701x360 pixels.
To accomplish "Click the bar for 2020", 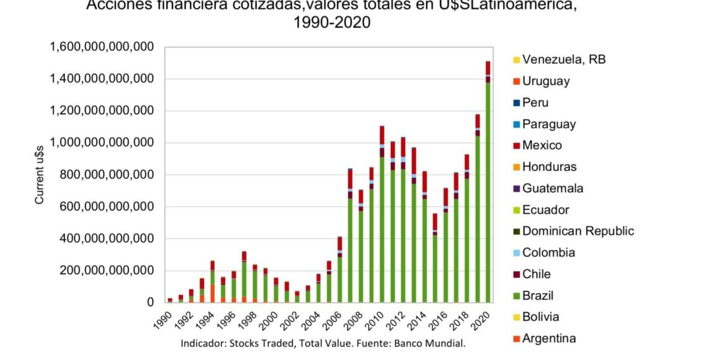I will pyautogui.click(x=488, y=186).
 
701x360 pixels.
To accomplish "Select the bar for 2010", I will pyautogui.click(x=382, y=217).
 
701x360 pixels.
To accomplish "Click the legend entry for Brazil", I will pyautogui.click(x=537, y=295).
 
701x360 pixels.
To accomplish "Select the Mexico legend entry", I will pyautogui.click(x=542, y=145).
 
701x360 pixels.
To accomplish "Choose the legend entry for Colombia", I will pyautogui.click(x=548, y=253).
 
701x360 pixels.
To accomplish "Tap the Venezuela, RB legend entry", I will pyautogui.click(x=563, y=60).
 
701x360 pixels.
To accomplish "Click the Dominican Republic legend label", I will pyautogui.click(x=578, y=231).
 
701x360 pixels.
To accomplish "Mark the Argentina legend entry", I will pyautogui.click(x=548, y=338).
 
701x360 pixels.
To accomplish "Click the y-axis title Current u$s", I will pyautogui.click(x=39, y=175).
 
